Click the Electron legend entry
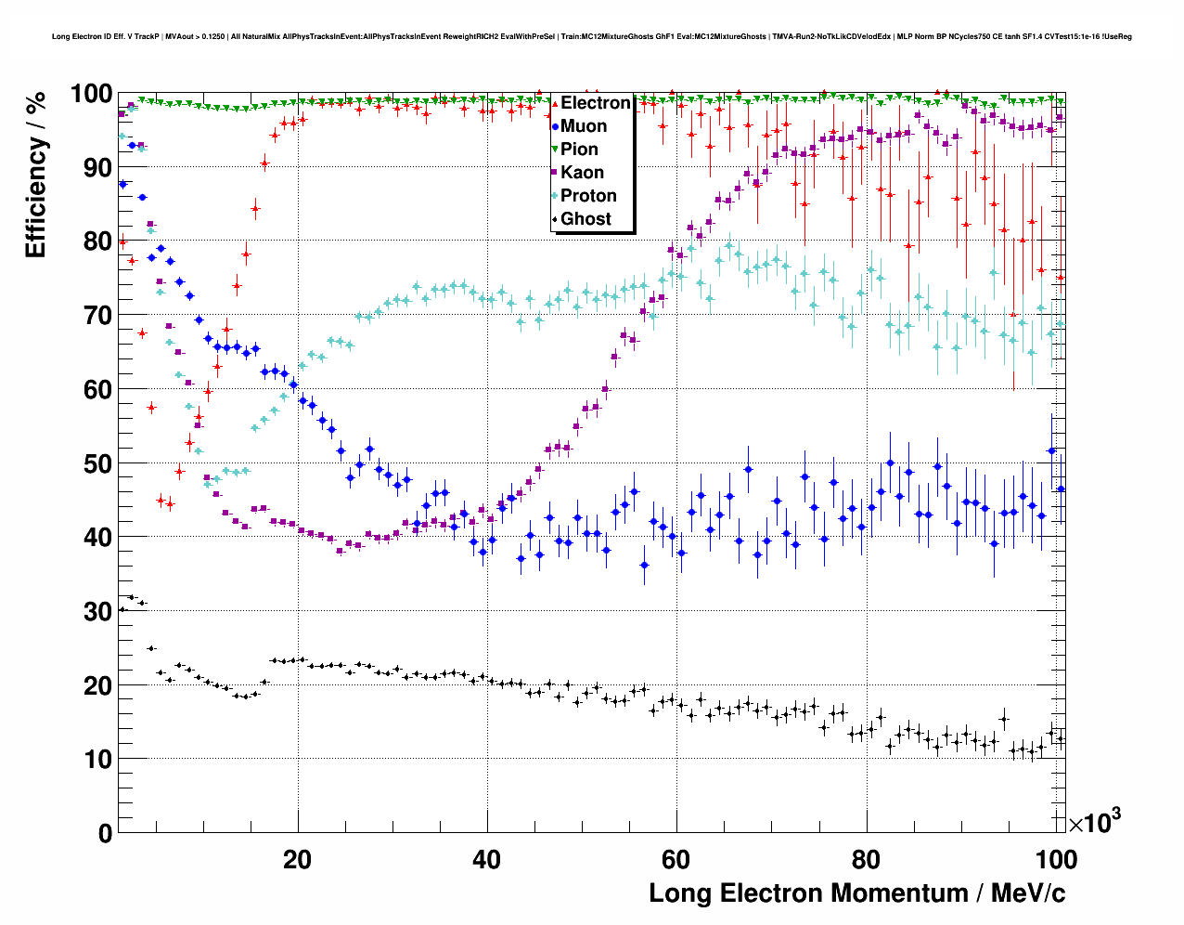point(595,103)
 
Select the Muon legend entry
point(584,126)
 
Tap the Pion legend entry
point(579,150)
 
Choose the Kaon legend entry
point(582,173)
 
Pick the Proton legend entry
point(588,196)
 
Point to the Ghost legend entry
point(586,219)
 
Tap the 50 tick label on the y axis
point(97,463)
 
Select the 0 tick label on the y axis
point(105,833)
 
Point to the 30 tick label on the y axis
point(97,611)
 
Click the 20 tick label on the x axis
point(297,860)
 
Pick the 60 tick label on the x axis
point(676,860)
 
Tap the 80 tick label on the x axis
point(866,860)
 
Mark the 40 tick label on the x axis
point(486,860)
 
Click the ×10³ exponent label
point(1094,822)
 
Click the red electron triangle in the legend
point(555,103)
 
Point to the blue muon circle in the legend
point(555,126)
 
